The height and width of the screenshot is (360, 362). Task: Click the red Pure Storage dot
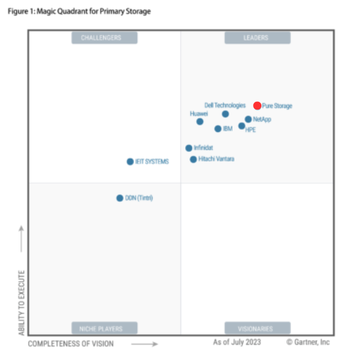click(257, 106)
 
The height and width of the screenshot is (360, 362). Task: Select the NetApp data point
click(248, 119)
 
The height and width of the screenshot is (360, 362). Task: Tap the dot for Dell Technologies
click(226, 114)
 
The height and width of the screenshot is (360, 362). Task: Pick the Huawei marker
click(200, 121)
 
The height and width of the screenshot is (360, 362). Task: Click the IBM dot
click(218, 129)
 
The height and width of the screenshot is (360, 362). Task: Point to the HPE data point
click(242, 126)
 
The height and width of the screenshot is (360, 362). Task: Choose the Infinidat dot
click(189, 148)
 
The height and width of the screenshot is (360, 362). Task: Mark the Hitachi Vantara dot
click(193, 159)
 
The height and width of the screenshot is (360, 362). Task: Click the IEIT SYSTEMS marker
click(130, 161)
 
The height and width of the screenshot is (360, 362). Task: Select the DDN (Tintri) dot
click(120, 198)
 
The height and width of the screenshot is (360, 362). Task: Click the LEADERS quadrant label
click(257, 38)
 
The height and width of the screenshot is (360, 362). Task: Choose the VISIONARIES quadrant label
click(257, 328)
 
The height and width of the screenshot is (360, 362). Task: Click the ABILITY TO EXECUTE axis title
click(21, 301)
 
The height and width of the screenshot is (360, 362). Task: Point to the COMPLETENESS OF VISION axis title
click(70, 344)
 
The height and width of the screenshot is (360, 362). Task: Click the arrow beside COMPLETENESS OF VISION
click(145, 344)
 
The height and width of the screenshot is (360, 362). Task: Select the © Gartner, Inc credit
click(308, 343)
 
